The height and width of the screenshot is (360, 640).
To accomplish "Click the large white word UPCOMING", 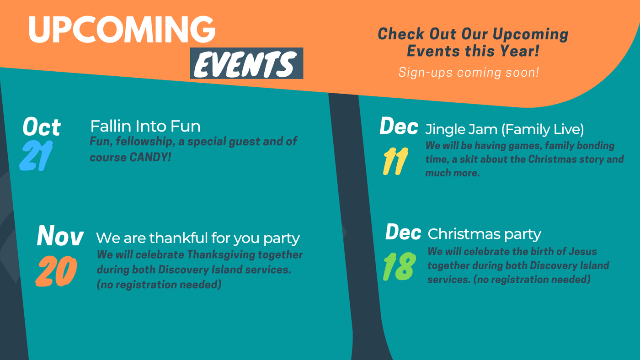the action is [x=122, y=29].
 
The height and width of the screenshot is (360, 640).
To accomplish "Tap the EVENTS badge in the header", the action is [x=246, y=64].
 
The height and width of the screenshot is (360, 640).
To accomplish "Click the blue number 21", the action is [x=36, y=155].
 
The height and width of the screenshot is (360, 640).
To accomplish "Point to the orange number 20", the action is [x=56, y=271].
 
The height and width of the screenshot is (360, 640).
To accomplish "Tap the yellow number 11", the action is [x=395, y=161].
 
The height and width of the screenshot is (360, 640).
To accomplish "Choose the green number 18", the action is [x=400, y=267].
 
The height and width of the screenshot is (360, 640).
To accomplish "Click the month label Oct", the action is [x=42, y=127].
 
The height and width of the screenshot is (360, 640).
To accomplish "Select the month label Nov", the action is [x=60, y=236].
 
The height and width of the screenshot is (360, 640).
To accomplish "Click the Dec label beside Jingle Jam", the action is [x=399, y=126].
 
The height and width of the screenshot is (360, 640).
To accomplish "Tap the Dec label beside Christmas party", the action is [x=403, y=232].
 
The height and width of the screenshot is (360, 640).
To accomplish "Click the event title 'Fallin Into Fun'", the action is [x=145, y=126].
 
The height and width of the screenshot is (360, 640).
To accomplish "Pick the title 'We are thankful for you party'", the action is [x=197, y=238].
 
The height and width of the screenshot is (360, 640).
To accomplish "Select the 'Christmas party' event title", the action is [x=484, y=234].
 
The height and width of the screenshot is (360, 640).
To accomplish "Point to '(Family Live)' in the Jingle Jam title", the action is [x=543, y=129].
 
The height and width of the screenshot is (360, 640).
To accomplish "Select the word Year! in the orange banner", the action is [x=520, y=51].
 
